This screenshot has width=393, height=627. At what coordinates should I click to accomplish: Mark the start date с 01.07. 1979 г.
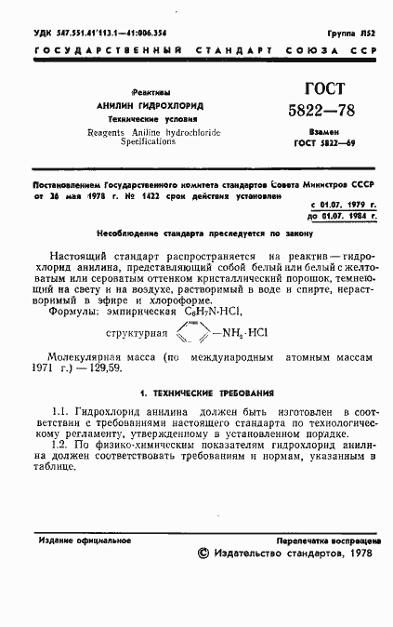344,203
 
